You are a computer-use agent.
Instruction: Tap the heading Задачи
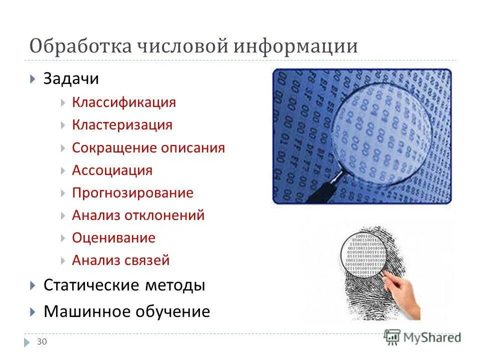pos(71,79)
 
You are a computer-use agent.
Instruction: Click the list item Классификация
pos(123,102)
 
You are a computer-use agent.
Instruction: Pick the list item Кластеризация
pos(122,124)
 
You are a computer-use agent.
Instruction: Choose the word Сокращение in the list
pos(114,148)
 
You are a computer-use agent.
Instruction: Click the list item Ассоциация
pos(112,170)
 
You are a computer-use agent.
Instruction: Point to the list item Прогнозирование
pos(132,193)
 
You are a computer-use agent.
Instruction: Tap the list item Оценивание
pos(113,237)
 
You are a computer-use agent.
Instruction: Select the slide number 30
pos(42,341)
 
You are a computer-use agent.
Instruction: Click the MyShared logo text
pos(431,337)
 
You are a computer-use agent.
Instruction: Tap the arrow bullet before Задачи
pos(32,79)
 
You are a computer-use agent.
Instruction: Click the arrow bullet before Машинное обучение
pos(32,312)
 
